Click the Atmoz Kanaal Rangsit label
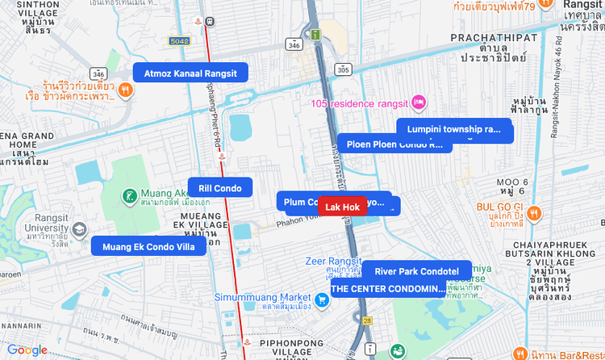[190, 73]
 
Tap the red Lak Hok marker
[342, 207]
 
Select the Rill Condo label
[220, 188]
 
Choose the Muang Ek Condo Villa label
[148, 246]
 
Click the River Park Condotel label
[416, 271]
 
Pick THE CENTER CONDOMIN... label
[388, 288]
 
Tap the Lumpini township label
[454, 129]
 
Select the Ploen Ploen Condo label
[394, 144]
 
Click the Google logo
[27, 350]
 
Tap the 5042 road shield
[179, 40]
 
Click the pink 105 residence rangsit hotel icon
[419, 103]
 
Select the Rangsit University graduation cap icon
[79, 230]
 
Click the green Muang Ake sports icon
[129, 195]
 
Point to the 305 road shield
[344, 70]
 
